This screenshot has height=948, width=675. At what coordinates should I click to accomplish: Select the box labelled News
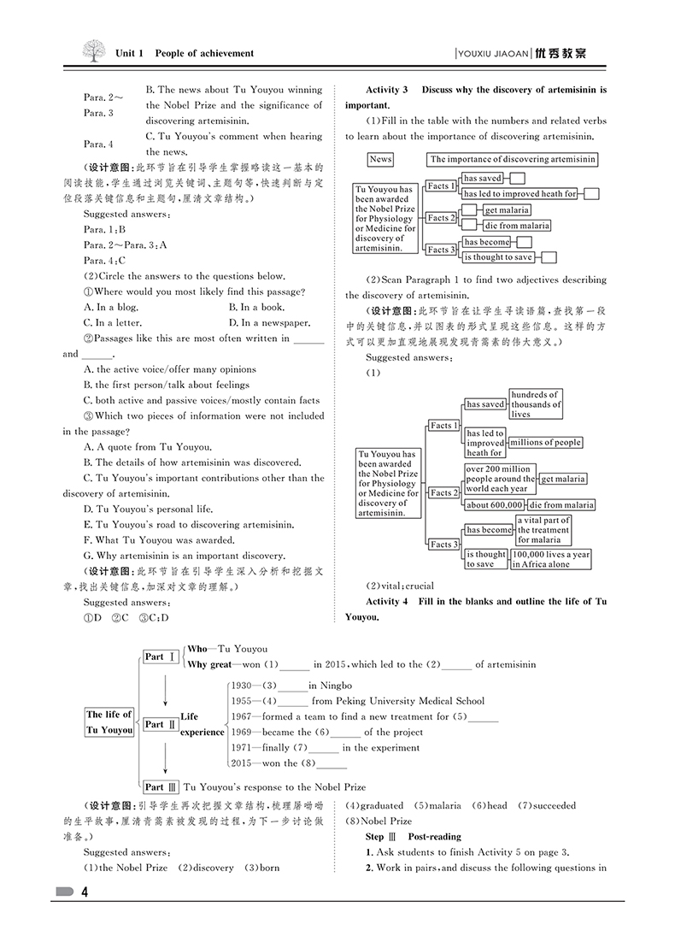click(380, 159)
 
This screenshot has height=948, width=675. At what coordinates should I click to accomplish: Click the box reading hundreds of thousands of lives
click(536, 403)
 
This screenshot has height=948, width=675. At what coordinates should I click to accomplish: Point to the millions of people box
click(545, 443)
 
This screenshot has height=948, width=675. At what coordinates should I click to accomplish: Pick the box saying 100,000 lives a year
click(551, 559)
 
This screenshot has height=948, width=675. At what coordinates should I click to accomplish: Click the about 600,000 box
click(495, 505)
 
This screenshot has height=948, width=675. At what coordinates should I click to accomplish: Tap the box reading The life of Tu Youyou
click(109, 722)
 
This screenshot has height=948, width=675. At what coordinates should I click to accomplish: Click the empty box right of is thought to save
click(549, 257)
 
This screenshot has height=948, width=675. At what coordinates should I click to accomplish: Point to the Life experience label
click(202, 724)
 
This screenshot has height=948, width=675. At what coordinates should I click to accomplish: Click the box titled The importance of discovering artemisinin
click(513, 159)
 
